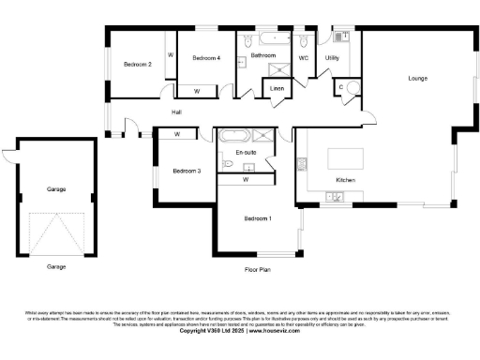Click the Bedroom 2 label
coord(138,64)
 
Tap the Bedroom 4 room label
coord(206,58)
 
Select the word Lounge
coord(417,78)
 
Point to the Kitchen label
coord(346,179)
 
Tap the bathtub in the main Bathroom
coord(275,41)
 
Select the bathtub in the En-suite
coord(232,136)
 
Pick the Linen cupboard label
coord(277,88)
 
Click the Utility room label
coord(331,58)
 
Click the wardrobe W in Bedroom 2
coord(170,55)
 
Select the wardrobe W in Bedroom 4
coord(197,91)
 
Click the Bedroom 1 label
coord(258,218)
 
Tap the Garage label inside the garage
coord(56,189)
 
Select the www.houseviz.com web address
coord(277,330)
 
